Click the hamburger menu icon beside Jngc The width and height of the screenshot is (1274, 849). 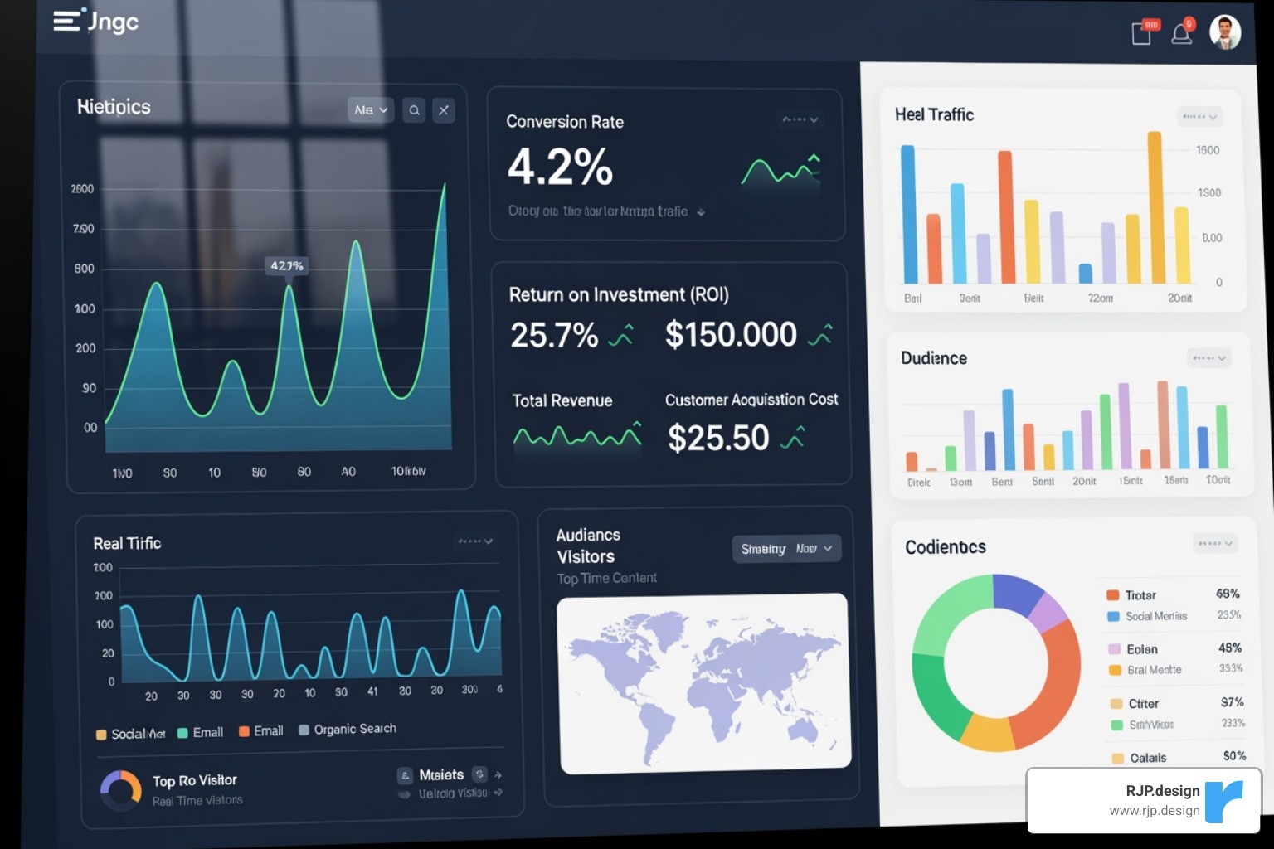pos(66,21)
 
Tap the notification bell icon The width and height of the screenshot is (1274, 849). pos(1182,32)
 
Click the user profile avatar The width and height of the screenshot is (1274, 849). pos(1225,32)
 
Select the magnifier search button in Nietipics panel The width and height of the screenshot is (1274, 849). pos(414,110)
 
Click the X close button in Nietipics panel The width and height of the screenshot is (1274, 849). pos(444,110)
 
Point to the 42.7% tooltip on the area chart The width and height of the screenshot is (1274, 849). pos(287,266)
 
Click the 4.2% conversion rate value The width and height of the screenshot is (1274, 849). pos(560,167)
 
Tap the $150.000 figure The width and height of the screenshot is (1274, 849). pos(731,334)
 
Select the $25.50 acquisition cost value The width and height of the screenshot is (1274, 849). pos(718,438)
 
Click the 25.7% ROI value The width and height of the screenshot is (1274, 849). pos(554,335)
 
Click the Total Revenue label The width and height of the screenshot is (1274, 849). pos(562,400)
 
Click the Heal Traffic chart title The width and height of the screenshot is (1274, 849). pos(934,114)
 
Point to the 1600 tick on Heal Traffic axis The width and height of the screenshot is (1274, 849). pos(1208,150)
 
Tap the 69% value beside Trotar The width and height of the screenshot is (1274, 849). pos(1228,594)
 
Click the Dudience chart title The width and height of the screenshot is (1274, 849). pos(934,358)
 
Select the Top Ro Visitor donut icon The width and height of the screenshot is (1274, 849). pos(121,790)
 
